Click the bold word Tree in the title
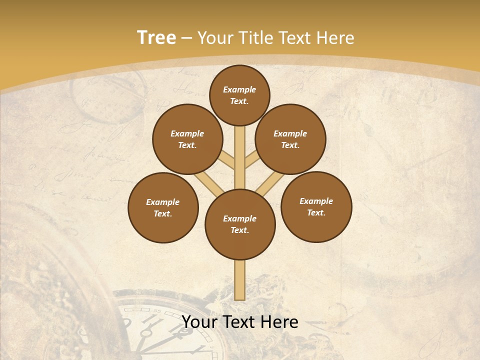click(156, 38)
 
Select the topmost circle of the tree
click(239, 95)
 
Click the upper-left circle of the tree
click(187, 139)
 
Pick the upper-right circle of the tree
click(290, 139)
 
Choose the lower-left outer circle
click(163, 207)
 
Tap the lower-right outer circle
click(316, 206)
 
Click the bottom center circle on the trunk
click(240, 224)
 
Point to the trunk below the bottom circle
click(240, 280)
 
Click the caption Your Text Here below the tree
click(240, 322)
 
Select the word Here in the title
click(337, 38)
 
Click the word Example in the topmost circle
click(239, 89)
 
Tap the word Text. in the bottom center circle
click(240, 230)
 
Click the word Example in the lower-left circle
click(163, 202)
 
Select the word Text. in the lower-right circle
click(316, 212)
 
